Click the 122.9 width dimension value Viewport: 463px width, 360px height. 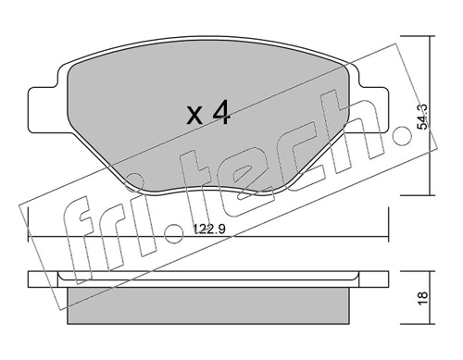tap(209, 229)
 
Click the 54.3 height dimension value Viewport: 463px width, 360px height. tap(421, 117)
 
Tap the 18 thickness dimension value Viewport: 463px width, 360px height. tap(422, 298)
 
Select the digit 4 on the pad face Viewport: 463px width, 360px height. tap(221, 113)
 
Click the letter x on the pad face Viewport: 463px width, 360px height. tap(195, 117)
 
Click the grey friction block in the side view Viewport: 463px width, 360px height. tap(208, 305)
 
